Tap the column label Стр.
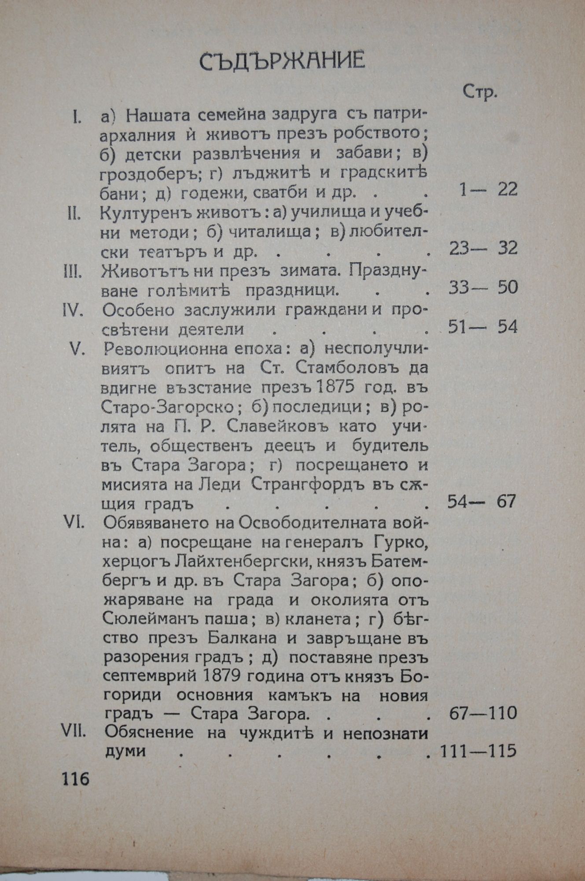tap(480, 93)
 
